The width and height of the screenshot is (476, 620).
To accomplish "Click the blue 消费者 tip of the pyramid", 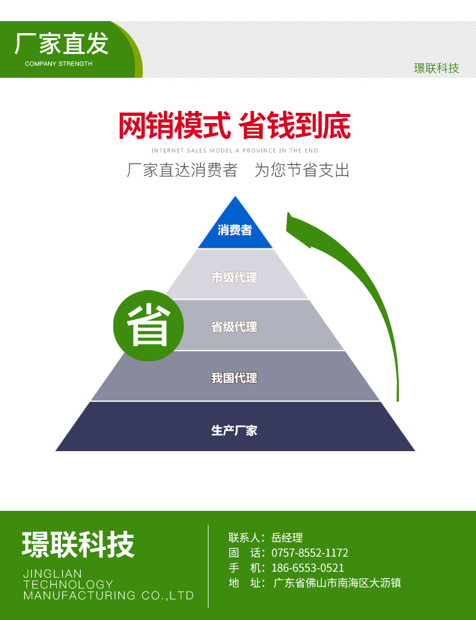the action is pyautogui.click(x=235, y=230).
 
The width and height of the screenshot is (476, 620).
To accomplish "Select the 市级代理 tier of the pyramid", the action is pyautogui.click(x=234, y=277).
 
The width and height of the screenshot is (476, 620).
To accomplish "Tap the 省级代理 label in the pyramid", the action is pyautogui.click(x=234, y=327).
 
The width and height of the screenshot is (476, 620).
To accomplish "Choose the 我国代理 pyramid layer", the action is pyautogui.click(x=234, y=378).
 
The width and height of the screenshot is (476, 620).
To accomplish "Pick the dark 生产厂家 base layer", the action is pyautogui.click(x=234, y=431).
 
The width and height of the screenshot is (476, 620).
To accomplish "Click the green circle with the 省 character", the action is pyautogui.click(x=148, y=327).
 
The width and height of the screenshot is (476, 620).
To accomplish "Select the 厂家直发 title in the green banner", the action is pyautogui.click(x=61, y=43).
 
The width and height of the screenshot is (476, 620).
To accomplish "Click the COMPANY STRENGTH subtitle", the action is pyautogui.click(x=58, y=63).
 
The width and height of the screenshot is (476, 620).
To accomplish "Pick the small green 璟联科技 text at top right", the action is pyautogui.click(x=436, y=68).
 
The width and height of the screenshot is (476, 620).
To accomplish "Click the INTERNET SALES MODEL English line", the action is pyautogui.click(x=234, y=150).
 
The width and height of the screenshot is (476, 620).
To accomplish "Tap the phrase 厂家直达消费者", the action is pyautogui.click(x=182, y=170).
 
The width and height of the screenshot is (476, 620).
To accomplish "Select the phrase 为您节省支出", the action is pyautogui.click(x=302, y=170).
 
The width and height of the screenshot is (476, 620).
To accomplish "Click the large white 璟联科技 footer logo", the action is pyautogui.click(x=78, y=544).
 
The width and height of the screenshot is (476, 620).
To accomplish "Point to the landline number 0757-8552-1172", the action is pyautogui.click(x=310, y=552).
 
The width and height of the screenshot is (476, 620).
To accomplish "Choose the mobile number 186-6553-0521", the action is pyautogui.click(x=307, y=568).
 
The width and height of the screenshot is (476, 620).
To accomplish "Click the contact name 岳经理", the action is pyautogui.click(x=287, y=537).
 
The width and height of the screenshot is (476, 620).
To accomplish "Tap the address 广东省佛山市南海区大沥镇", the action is pyautogui.click(x=337, y=583).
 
